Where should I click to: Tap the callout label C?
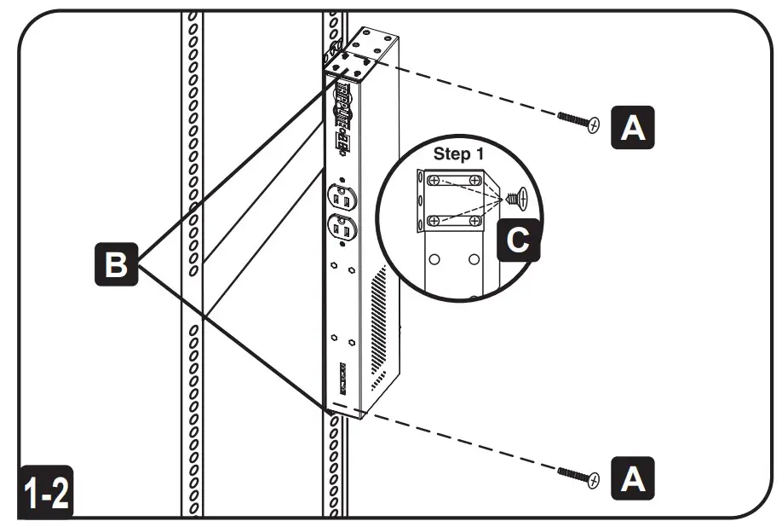517,240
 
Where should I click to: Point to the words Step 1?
463,154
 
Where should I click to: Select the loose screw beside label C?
517,200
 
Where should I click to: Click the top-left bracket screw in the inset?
434,181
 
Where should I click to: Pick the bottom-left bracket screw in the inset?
434,220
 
